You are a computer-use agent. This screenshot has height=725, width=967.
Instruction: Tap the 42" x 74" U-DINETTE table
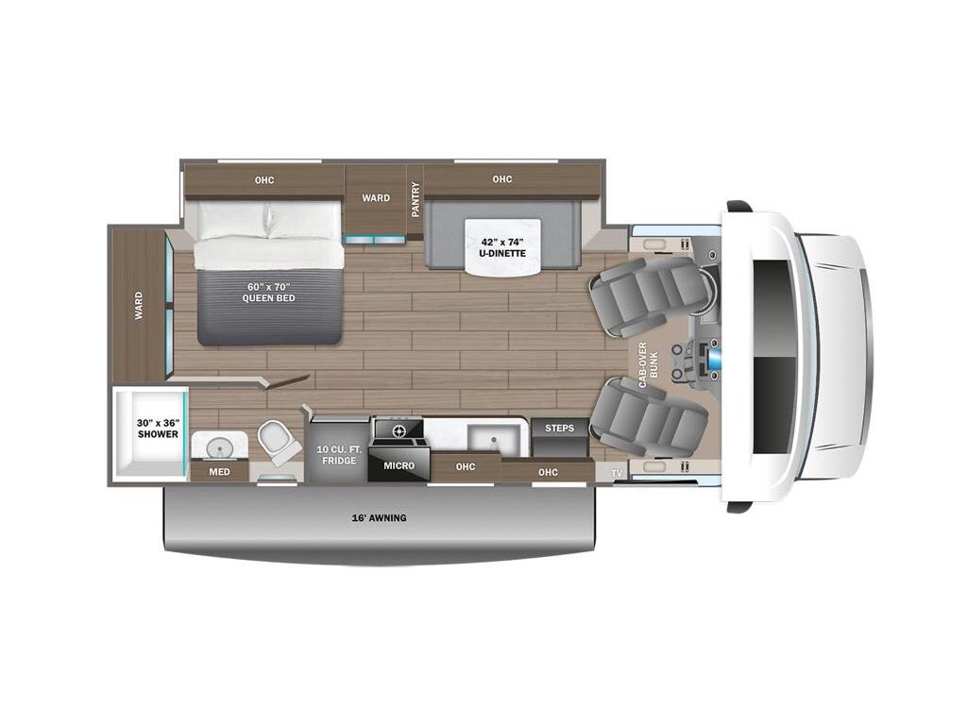tap(501, 246)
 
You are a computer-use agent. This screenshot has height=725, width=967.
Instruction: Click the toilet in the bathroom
tap(280, 441)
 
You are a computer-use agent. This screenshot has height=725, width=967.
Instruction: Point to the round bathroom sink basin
tap(218, 445)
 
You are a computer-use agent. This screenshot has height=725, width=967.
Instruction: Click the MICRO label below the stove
tap(398, 465)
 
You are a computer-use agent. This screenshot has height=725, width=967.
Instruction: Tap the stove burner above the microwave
tap(398, 431)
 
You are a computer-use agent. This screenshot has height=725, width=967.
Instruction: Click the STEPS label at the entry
tap(560, 429)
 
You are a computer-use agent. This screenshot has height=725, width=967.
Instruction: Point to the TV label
tap(617, 472)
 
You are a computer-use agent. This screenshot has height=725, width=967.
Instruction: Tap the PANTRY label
tap(415, 199)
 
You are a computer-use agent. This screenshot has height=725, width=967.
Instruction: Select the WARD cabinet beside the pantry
tap(376, 199)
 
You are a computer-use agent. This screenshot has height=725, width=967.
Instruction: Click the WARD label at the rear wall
tap(139, 305)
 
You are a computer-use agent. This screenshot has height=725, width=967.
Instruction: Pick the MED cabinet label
tap(219, 472)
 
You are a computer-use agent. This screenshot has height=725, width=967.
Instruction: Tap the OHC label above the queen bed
tap(264, 180)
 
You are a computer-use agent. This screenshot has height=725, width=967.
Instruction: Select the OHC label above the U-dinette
tap(501, 180)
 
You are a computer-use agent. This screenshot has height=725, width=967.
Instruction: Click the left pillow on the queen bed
tap(232, 220)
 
